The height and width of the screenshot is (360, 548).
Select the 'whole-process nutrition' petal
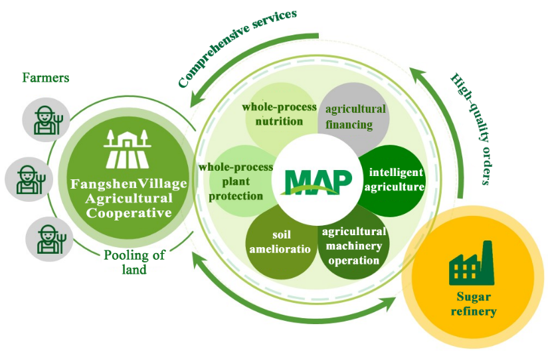(273, 114)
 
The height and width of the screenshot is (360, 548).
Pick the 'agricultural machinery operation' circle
(353, 244)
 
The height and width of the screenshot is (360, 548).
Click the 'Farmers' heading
(46, 78)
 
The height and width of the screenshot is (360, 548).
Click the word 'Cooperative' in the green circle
(130, 213)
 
